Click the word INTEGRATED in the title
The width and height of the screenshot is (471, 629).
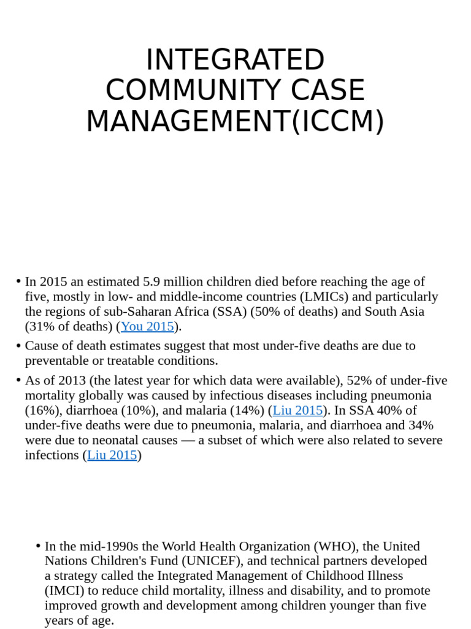(235, 60)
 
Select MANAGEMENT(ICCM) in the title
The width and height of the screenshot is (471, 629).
(235, 122)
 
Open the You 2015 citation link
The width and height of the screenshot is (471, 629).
(147, 327)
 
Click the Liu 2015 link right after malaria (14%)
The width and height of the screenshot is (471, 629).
(297, 410)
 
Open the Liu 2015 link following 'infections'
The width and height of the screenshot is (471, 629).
(112, 455)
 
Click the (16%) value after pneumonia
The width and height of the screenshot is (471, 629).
(40, 410)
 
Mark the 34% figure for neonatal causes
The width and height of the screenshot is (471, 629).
(421, 425)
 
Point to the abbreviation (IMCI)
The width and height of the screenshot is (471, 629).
(64, 591)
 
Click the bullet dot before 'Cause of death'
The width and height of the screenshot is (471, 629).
(18, 346)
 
